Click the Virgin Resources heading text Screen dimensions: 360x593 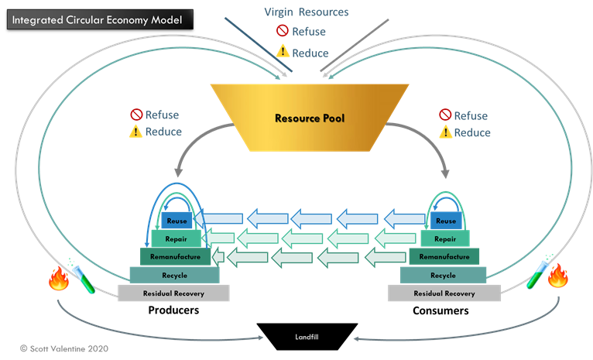(306, 12)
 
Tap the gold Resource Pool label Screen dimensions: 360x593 (309, 119)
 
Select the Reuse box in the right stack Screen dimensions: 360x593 (446, 221)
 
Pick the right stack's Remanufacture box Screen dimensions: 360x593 (444, 256)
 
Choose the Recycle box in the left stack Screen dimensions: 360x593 (174, 275)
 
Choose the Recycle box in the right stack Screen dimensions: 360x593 (443, 275)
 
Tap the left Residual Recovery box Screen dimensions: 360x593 (173, 293)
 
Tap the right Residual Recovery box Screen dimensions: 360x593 (444, 293)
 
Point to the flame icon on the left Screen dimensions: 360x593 (59, 278)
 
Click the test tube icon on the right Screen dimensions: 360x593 (536, 275)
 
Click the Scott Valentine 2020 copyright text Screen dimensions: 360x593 (64, 349)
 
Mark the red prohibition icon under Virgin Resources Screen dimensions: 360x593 (283, 33)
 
